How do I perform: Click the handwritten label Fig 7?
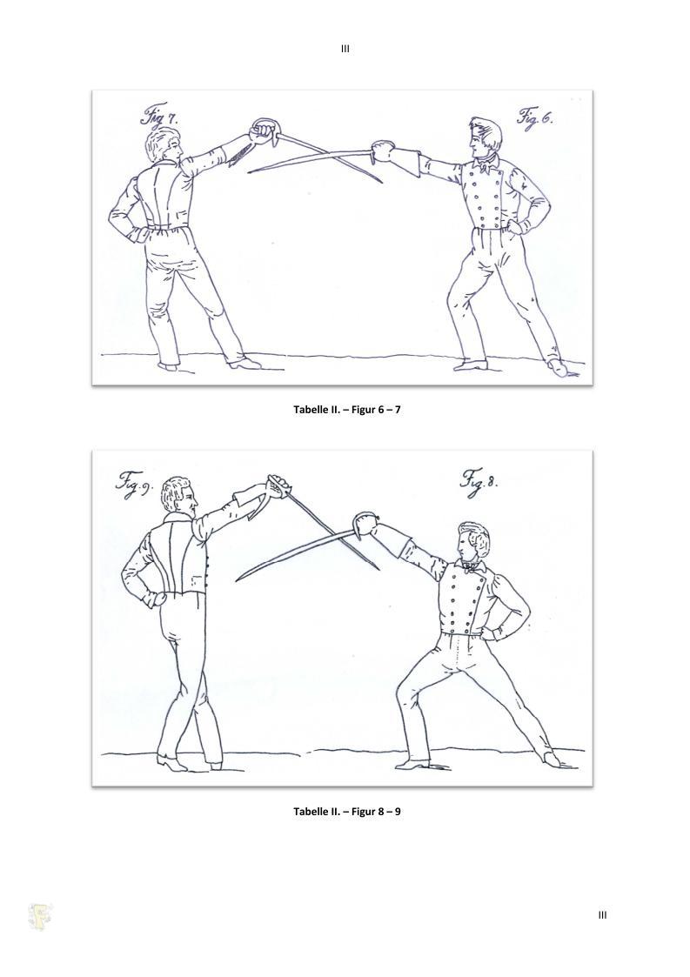point(158,117)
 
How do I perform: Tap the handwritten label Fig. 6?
point(535,117)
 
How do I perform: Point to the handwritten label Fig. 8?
point(479,481)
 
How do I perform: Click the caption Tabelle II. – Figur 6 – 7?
point(346,410)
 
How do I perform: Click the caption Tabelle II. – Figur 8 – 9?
point(346,811)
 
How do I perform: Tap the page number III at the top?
point(345,49)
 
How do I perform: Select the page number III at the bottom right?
point(602,915)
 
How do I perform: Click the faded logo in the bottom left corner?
point(41,917)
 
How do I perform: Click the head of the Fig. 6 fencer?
point(486,138)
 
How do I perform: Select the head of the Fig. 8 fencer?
point(473,542)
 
